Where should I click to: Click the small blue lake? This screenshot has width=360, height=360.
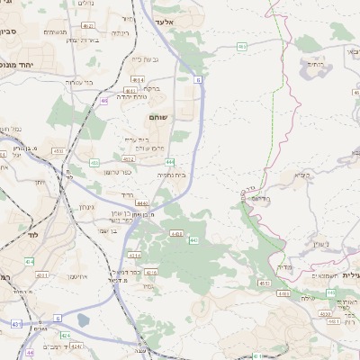coord(84,319)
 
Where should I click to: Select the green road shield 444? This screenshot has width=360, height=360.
coord(169,161)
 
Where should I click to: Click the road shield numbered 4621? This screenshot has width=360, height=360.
coord(91,27)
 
